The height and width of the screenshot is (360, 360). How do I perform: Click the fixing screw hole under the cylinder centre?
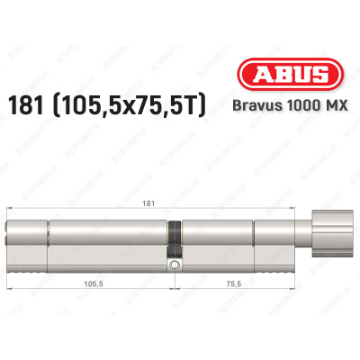coord(173,266)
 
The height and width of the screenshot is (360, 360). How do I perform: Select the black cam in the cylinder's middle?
coord(173,242)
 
